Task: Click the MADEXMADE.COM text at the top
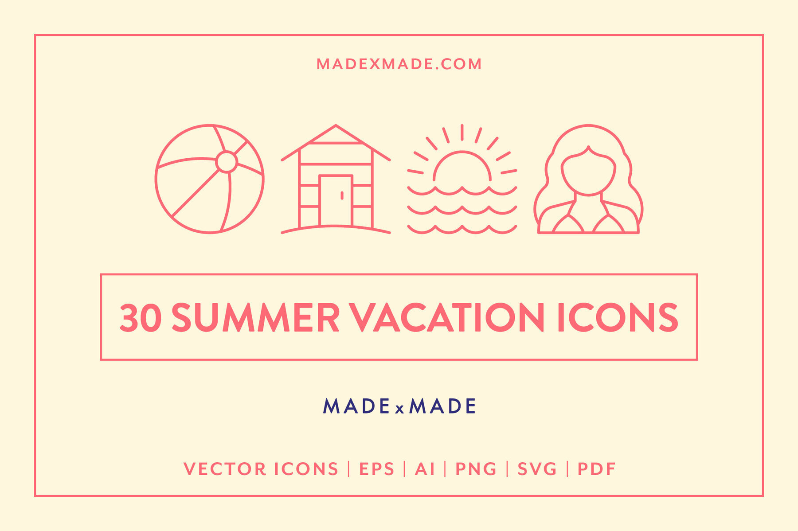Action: pos(399,64)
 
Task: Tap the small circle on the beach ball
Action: pos(227,162)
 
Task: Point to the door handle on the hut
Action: pos(342,195)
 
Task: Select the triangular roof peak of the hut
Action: pos(336,134)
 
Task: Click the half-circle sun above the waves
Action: pos(462,168)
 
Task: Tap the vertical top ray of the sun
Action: pos(462,132)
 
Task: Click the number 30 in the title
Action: pos(140,318)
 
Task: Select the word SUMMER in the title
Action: pos(255,318)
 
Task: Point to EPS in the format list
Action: pos(376,469)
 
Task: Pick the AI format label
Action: pos(425,469)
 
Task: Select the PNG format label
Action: pos(476,469)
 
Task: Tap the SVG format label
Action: pos(537,469)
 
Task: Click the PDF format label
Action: pos(596,469)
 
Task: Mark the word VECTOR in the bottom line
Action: pos(225,469)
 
